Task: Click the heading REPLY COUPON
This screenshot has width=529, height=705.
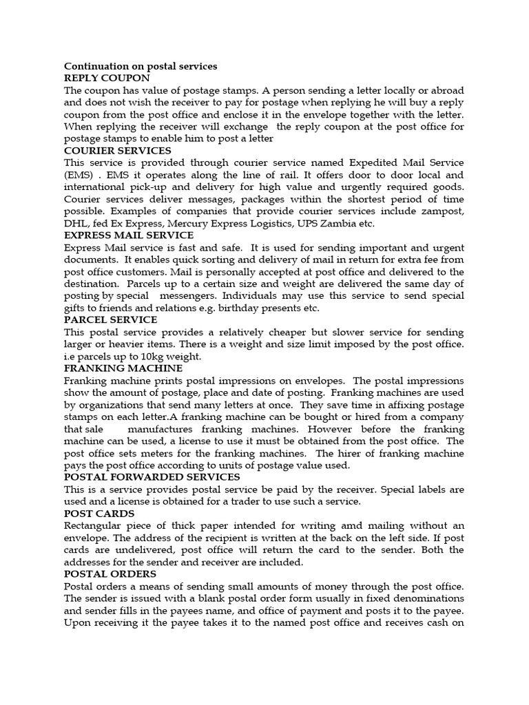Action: (x=107, y=78)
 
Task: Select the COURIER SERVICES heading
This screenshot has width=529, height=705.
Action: (x=118, y=151)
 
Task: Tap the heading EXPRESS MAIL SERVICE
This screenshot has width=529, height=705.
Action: (x=129, y=235)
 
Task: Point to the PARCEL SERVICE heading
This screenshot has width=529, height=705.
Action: (x=110, y=319)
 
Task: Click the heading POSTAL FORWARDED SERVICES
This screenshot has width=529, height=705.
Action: (x=152, y=476)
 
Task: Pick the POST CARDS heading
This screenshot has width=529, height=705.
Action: (x=99, y=514)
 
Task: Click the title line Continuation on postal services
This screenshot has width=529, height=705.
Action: (x=141, y=66)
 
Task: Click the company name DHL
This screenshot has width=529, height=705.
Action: (x=75, y=223)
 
